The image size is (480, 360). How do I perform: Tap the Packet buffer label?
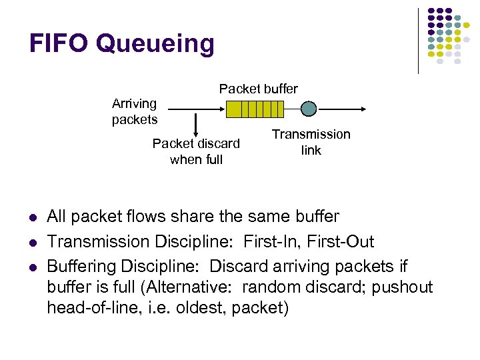[x=259, y=89]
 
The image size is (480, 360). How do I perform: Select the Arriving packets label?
[x=135, y=111]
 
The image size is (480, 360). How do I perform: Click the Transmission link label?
[x=311, y=142]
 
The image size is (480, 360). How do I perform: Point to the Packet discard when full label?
[x=196, y=151]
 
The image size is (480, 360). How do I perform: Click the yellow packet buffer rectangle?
[x=255, y=109]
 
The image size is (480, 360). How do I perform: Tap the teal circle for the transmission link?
[x=308, y=109]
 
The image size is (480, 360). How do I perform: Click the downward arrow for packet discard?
[x=196, y=124]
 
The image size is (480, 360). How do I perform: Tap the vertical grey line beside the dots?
[x=418, y=40]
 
